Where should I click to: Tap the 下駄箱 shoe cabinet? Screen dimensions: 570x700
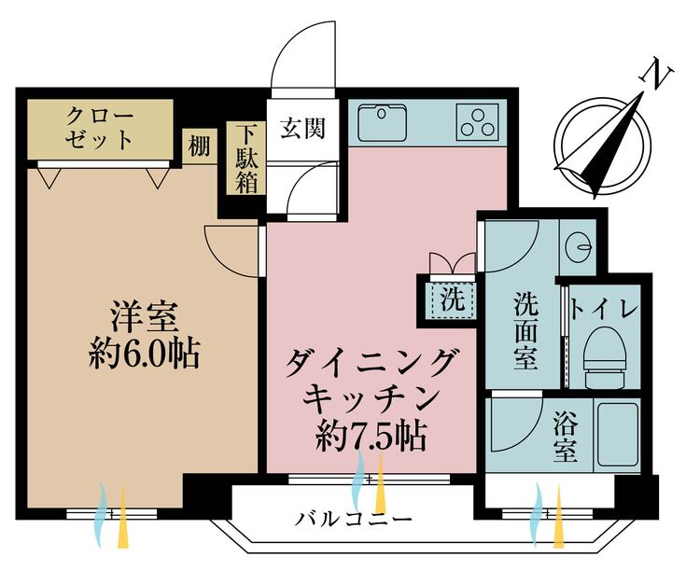pyautogui.click(x=246, y=159)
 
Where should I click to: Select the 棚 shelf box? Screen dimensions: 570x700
pyautogui.click(x=198, y=146)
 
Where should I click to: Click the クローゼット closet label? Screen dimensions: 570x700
pyautogui.click(x=99, y=129)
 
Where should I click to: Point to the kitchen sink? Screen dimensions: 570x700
pyautogui.click(x=380, y=122)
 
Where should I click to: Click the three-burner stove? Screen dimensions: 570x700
pyautogui.click(x=478, y=122)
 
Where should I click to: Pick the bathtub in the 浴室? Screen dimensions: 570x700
pyautogui.click(x=617, y=435)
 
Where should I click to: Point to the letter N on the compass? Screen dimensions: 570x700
pyautogui.click(x=660, y=75)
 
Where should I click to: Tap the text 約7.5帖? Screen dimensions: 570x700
pyautogui.click(x=371, y=435)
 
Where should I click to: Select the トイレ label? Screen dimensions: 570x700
pyautogui.click(x=604, y=307)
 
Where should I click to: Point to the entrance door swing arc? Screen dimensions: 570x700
pyautogui.click(x=301, y=56)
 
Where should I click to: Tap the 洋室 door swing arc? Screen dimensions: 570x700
pyautogui.click(x=231, y=250)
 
